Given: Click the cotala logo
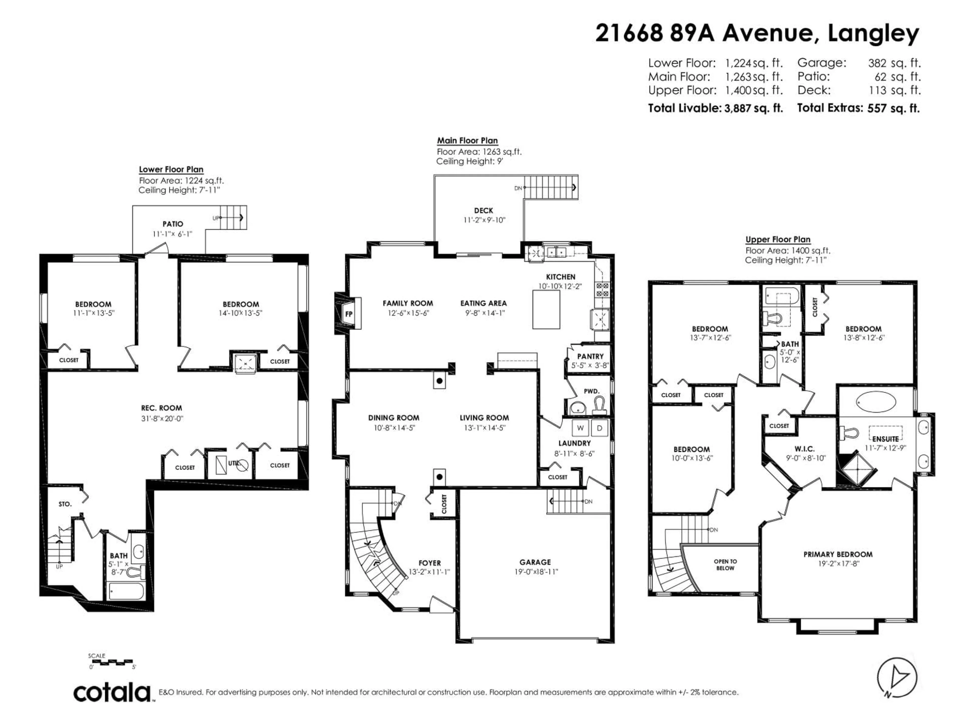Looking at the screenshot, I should [x=112, y=693].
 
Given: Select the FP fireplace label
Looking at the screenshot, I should [x=349, y=314].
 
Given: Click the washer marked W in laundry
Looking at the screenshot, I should [x=580, y=428].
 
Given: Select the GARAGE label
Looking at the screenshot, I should [x=535, y=562].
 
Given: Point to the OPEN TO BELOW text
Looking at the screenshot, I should [x=725, y=564].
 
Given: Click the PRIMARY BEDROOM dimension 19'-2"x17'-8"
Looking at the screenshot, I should [x=838, y=563].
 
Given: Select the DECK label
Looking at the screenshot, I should [x=484, y=211].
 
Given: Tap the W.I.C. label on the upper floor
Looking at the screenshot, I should [x=805, y=449].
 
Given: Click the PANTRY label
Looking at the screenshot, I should [x=590, y=356].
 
